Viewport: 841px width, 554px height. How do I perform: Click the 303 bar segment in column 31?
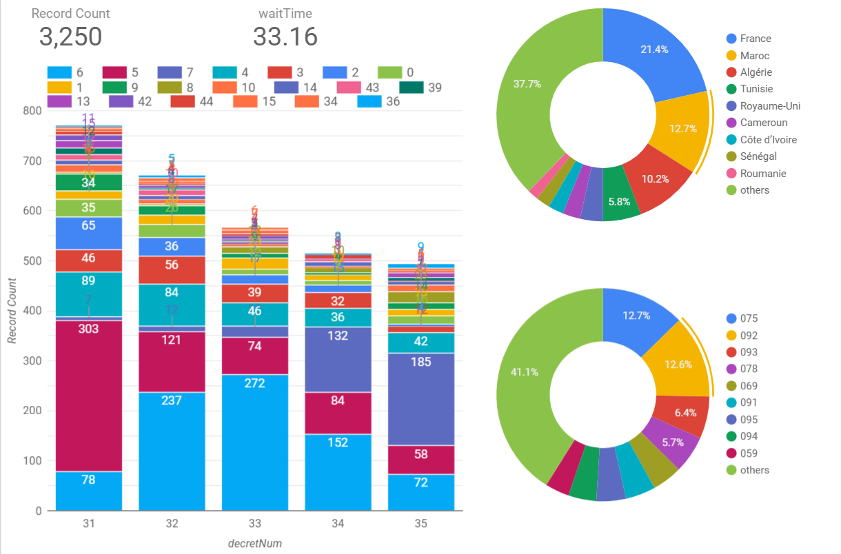[x=88, y=386]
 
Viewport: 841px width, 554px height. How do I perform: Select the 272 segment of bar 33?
[x=254, y=441]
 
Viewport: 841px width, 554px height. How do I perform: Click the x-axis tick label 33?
[x=254, y=524]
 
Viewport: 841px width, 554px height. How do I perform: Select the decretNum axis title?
[x=254, y=543]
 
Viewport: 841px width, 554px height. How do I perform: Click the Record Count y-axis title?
[x=12, y=311]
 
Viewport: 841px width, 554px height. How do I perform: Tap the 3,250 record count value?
[x=70, y=37]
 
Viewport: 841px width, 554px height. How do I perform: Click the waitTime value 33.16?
[x=285, y=37]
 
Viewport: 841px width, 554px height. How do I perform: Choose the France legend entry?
[x=755, y=39]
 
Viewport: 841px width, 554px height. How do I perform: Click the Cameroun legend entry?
[x=762, y=123]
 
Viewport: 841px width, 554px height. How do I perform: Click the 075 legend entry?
[x=749, y=318]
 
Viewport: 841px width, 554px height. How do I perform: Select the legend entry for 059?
[x=749, y=453]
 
